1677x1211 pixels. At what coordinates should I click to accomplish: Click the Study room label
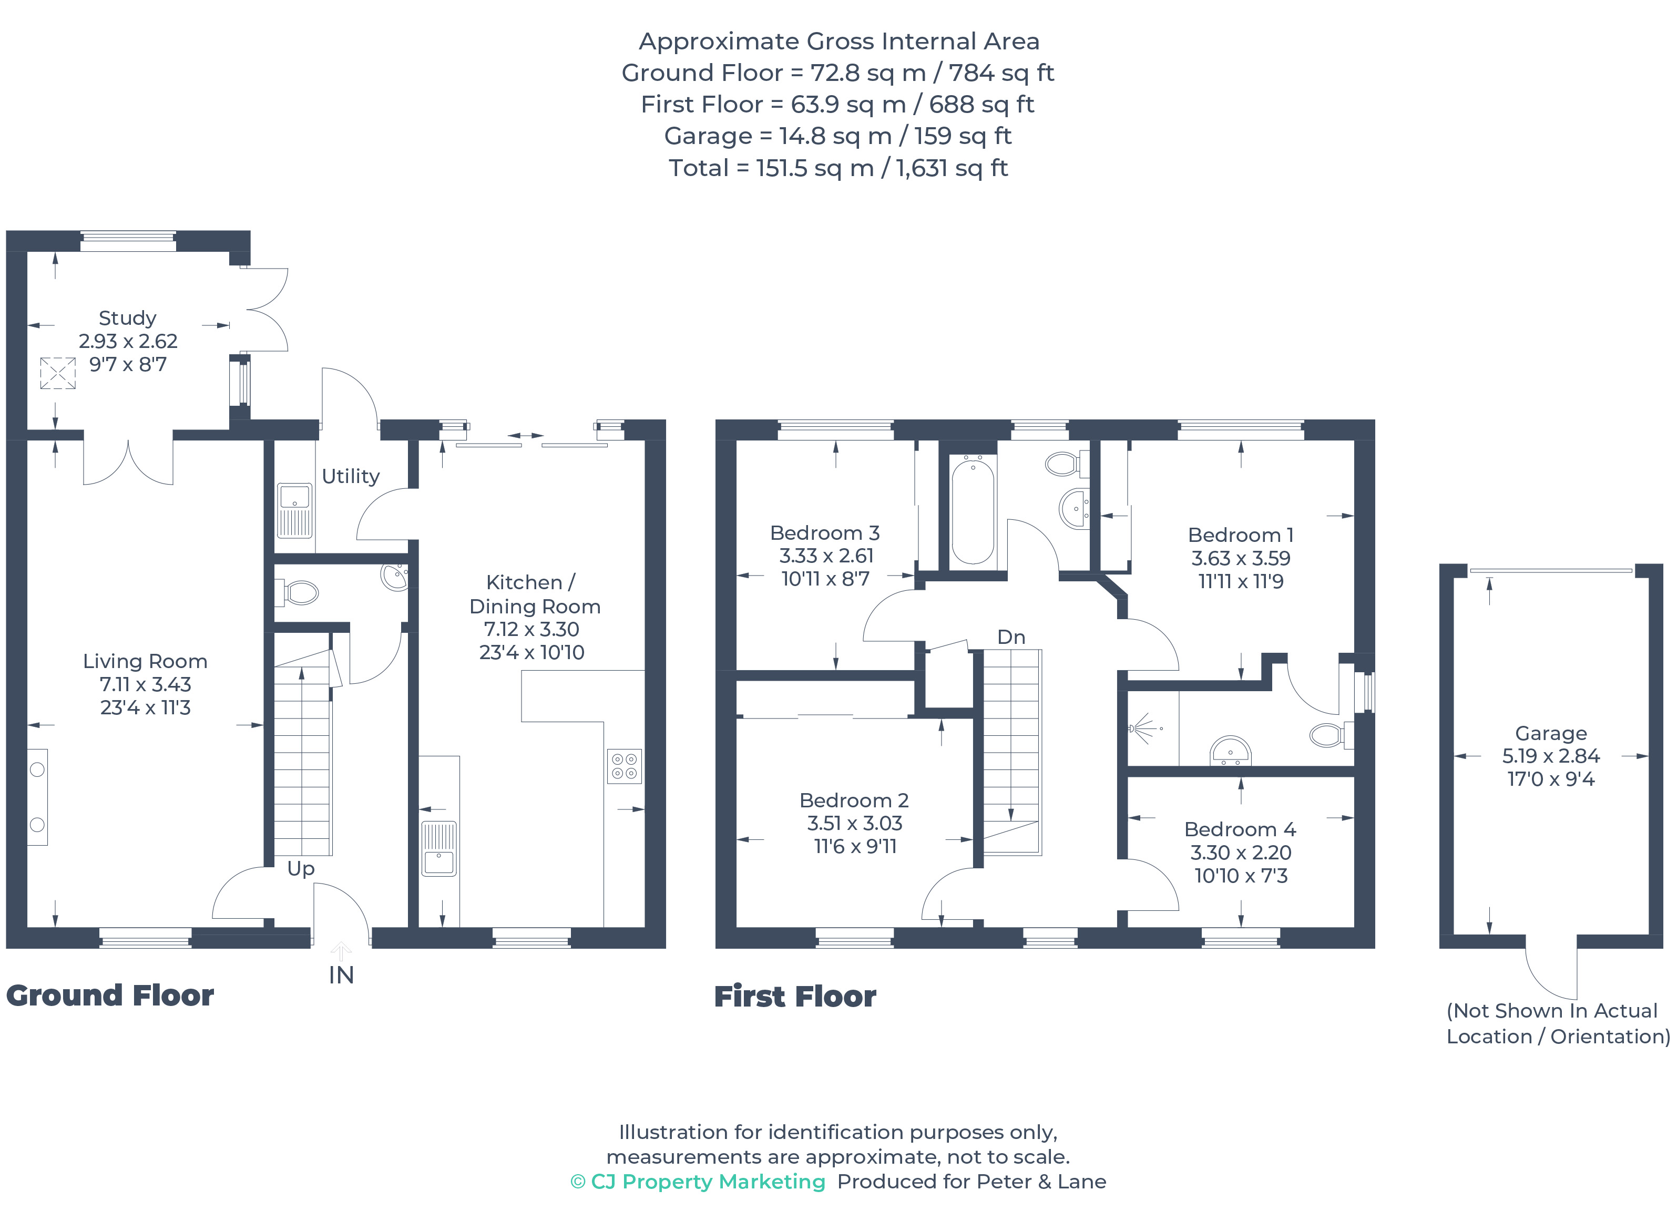click(x=127, y=318)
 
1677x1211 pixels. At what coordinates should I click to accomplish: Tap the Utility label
click(x=351, y=476)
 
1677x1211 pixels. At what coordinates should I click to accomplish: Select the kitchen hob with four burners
click(x=624, y=766)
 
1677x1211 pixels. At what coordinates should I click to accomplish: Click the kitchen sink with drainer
click(x=438, y=849)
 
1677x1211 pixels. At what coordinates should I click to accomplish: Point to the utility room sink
click(x=294, y=510)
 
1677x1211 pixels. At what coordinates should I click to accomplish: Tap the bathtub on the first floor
click(x=973, y=511)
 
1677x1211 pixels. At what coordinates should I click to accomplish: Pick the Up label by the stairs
click(x=301, y=869)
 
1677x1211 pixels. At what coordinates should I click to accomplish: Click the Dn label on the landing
click(x=1011, y=637)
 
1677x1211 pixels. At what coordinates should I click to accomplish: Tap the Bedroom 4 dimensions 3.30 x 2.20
click(x=1240, y=853)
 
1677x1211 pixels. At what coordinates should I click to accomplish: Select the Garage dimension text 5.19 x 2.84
click(x=1550, y=756)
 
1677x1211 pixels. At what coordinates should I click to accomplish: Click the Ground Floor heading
click(x=110, y=996)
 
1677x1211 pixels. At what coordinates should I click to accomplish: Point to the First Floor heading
click(x=795, y=997)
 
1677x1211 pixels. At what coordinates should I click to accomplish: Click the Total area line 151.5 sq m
click(x=838, y=168)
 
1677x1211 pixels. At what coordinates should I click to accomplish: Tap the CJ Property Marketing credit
click(x=699, y=1182)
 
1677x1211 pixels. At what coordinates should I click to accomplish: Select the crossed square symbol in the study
click(x=58, y=373)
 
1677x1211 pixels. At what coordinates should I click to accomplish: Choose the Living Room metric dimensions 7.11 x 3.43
click(x=145, y=685)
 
